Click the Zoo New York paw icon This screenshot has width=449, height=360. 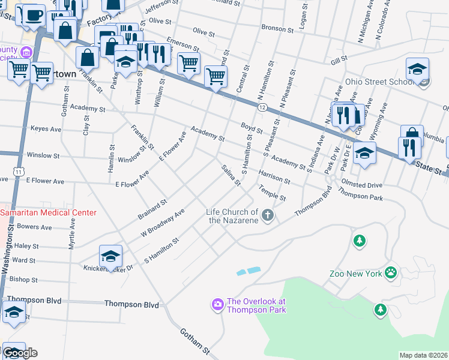pos(391,273)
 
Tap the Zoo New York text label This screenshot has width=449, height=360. pos(355,274)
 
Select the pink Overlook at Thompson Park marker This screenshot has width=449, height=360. pos(217,305)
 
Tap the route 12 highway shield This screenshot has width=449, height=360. pos(262,107)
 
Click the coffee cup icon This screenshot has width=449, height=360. pos(34,14)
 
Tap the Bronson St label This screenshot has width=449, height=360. pos(277,28)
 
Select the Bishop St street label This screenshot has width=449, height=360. pos(24,280)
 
